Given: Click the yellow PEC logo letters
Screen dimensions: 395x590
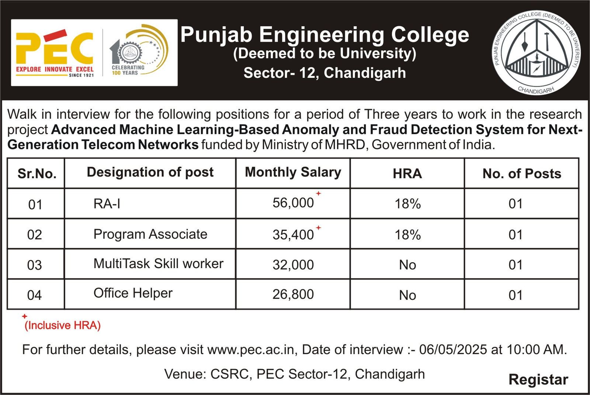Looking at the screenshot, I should click(55, 48).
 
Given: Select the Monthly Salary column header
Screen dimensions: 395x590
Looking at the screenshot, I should click(293, 173).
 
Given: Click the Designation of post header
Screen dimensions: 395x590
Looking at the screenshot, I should click(150, 172).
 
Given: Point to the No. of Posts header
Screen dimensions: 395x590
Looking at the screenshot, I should click(522, 174).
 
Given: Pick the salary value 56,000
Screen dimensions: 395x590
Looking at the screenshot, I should click(293, 203).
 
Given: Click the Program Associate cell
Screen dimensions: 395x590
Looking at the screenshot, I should click(150, 234).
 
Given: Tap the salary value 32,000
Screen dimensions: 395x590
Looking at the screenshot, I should click(293, 265).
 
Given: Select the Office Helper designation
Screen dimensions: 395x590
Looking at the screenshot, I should click(133, 293).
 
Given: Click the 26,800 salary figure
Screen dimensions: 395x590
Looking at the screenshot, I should click(293, 294).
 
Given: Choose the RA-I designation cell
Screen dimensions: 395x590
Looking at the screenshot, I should click(107, 204).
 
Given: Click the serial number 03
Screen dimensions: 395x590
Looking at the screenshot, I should click(35, 265).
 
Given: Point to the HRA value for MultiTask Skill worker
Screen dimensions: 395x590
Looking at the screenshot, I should click(407, 265).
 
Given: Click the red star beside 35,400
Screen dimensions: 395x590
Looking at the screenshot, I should click(319, 228).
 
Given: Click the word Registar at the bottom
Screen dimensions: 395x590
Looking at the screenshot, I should click(538, 380).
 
